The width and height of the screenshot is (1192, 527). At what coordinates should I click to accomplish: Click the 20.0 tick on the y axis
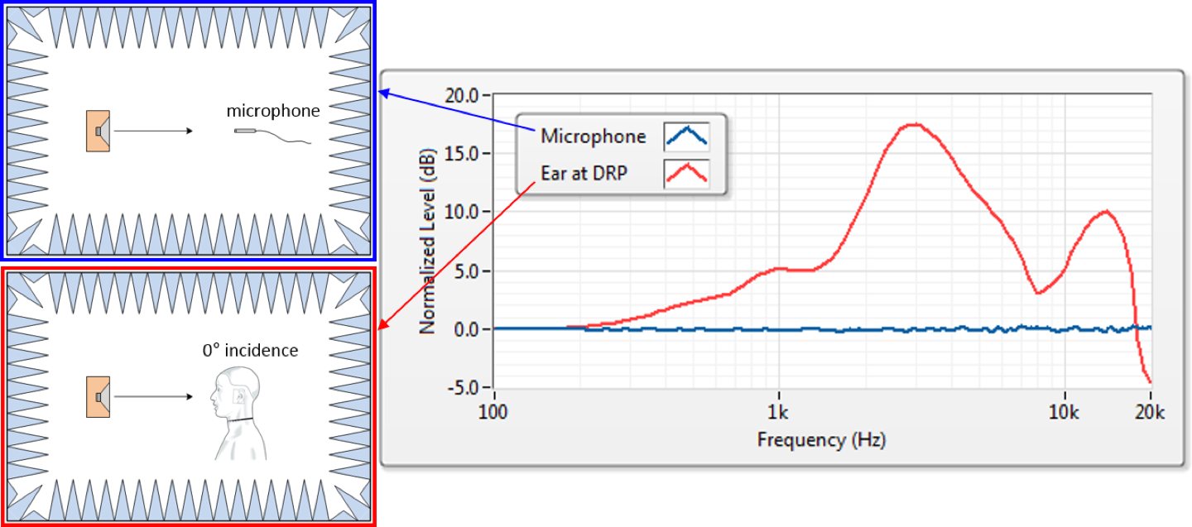click(x=462, y=94)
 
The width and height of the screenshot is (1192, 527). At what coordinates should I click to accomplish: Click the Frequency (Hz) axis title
click(x=821, y=439)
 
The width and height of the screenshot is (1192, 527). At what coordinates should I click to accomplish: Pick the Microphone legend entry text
click(x=593, y=137)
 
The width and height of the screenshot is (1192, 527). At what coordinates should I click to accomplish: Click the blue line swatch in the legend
click(x=685, y=137)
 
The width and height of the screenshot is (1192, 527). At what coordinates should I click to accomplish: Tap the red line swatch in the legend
click(x=685, y=174)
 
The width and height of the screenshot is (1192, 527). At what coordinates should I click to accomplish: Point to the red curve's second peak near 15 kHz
click(x=1105, y=212)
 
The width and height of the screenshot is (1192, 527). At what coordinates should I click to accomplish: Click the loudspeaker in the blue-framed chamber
click(x=99, y=131)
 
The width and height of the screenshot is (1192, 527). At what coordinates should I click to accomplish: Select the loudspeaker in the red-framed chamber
click(x=99, y=396)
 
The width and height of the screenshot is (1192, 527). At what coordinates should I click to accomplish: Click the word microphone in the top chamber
click(x=273, y=110)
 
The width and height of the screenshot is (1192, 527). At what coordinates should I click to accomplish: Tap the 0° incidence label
click(x=250, y=350)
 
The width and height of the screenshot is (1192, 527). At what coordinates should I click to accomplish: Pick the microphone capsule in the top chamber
click(x=247, y=131)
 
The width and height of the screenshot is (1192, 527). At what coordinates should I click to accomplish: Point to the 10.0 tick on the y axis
click(x=462, y=212)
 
